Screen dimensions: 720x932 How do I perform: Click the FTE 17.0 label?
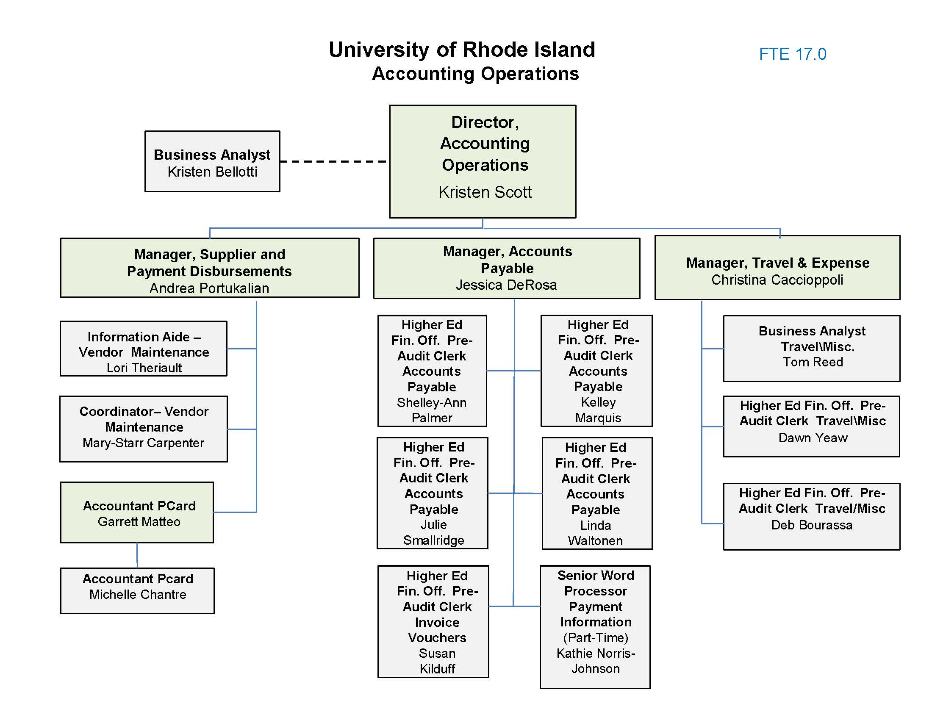click(x=793, y=54)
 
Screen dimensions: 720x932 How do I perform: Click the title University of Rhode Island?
click(x=462, y=50)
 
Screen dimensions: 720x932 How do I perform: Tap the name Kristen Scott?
click(x=485, y=192)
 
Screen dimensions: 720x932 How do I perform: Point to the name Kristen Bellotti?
click(x=212, y=172)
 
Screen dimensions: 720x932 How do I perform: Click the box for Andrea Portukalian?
click(x=210, y=268)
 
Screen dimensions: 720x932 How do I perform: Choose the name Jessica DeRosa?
click(x=506, y=285)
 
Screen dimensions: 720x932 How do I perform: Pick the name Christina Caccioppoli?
click(x=777, y=280)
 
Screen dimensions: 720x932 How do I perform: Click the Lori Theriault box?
click(x=144, y=349)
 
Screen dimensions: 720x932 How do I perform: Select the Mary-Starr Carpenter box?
click(x=144, y=429)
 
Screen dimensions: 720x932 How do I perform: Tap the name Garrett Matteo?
click(x=139, y=521)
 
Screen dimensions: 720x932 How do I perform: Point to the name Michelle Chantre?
click(x=138, y=594)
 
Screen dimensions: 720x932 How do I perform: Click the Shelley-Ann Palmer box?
click(x=432, y=371)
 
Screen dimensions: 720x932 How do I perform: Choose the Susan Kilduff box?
click(x=433, y=621)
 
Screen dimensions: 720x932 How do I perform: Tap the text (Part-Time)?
click(x=596, y=637)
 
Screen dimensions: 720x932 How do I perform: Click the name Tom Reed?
click(x=813, y=362)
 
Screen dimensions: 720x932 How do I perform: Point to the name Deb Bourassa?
click(x=812, y=525)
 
